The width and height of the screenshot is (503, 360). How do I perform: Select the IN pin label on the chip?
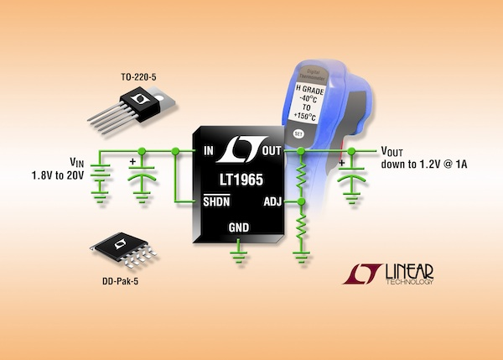pos(209,152)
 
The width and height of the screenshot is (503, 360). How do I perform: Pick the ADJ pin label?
pos(272,201)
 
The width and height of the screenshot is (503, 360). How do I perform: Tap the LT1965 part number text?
pos(241,179)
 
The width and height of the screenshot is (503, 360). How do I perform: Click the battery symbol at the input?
pos(101,180)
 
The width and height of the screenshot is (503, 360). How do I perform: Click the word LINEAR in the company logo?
pos(408,273)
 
